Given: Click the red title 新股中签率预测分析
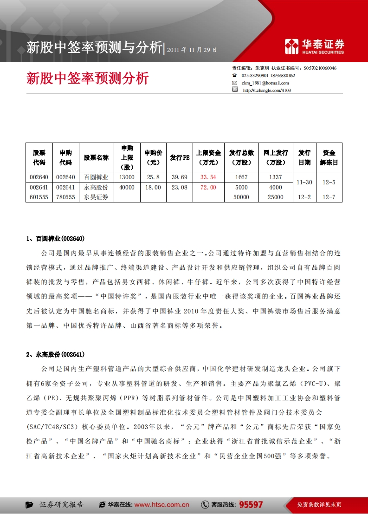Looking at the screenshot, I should pyautogui.click(x=88, y=78).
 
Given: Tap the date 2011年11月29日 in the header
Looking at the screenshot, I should pyautogui.click(x=192, y=49).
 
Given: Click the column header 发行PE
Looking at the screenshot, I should pyautogui.click(x=180, y=158).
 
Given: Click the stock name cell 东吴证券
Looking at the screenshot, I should pyautogui.click(x=96, y=197).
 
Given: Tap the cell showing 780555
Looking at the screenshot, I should pyautogui.click(x=65, y=197).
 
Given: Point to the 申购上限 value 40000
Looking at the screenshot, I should pyautogui.click(x=127, y=187).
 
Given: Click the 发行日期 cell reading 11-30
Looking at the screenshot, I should pyautogui.click(x=304, y=182).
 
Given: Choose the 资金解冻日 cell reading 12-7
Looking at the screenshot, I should pyautogui.click(x=329, y=197).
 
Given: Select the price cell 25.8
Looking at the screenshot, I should pyautogui.click(x=153, y=177).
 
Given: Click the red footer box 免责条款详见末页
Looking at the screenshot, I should pyautogui.click(x=319, y=505).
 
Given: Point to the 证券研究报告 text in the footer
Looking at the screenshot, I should pyautogui.click(x=61, y=505).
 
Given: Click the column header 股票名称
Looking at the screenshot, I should pyautogui.click(x=96, y=158).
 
